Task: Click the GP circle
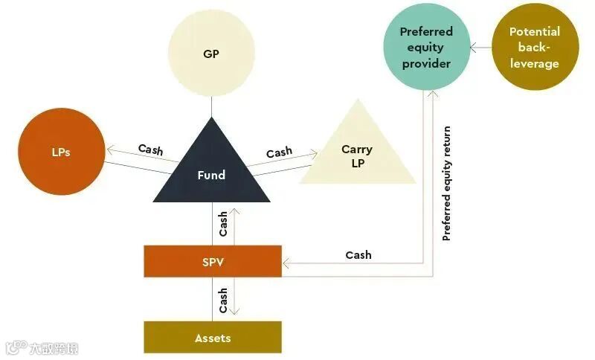click(x=211, y=54)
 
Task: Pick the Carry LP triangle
click(x=358, y=156)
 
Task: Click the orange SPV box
click(x=213, y=261)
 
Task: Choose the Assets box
click(x=213, y=338)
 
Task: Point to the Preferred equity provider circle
click(x=426, y=46)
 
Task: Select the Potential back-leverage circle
click(x=534, y=46)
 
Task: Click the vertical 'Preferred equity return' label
click(x=447, y=184)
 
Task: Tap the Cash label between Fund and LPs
click(x=151, y=150)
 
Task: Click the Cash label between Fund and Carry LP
click(x=279, y=152)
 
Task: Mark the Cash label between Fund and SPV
click(x=223, y=224)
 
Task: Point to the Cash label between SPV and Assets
click(x=223, y=300)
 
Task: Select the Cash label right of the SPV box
click(x=358, y=254)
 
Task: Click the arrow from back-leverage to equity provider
click(x=480, y=47)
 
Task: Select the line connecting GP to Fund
click(x=211, y=107)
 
